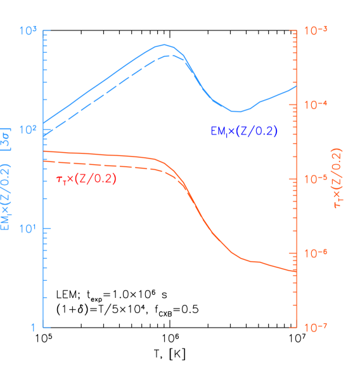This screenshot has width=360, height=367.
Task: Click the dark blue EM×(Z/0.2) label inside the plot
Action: coord(244,132)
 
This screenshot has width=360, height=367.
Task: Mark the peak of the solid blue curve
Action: coord(164,45)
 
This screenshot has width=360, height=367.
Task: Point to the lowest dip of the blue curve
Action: coord(236,112)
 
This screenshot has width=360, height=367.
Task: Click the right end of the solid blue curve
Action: coord(296,86)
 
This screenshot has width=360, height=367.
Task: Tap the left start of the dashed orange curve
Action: coord(43,160)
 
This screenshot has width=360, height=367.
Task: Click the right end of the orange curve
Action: coord(296,271)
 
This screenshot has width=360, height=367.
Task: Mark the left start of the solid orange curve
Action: coord(43,151)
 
